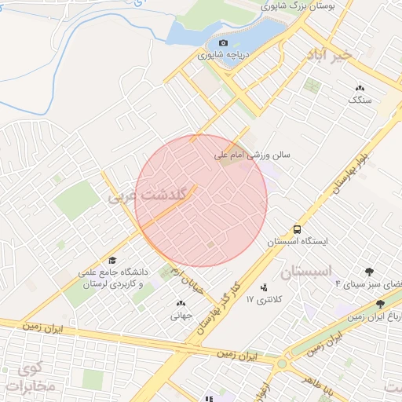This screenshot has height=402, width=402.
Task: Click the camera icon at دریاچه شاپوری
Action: pyautogui.click(x=224, y=42)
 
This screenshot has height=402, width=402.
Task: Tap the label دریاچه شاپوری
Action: pyautogui.click(x=225, y=57)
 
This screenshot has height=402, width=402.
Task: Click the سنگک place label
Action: pyautogui.click(x=359, y=100)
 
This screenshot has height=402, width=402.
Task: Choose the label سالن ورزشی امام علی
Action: pyautogui.click(x=254, y=155)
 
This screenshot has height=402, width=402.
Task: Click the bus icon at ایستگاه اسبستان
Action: pyautogui.click(x=298, y=229)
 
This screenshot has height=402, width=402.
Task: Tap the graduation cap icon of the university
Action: pyautogui.click(x=111, y=261)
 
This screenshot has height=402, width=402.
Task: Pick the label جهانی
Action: pyautogui.click(x=181, y=316)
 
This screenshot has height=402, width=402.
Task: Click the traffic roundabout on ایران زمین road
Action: pyautogui.click(x=281, y=364)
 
